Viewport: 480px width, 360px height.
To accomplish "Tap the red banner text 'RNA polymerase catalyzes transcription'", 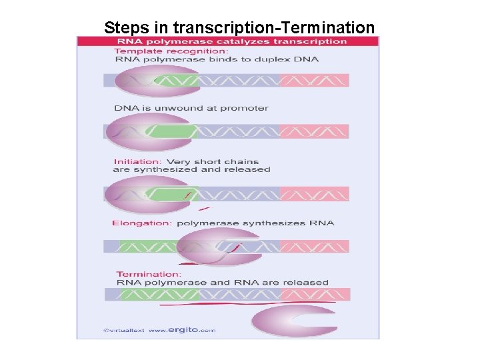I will click(x=231, y=41).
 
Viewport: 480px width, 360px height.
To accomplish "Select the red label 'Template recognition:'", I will click(x=171, y=51).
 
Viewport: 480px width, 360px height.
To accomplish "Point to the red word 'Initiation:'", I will click(x=137, y=161).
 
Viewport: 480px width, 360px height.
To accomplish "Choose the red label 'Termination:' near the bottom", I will click(x=148, y=274).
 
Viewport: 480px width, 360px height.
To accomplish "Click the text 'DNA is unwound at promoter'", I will click(x=191, y=108).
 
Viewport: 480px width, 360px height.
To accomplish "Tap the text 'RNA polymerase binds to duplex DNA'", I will click(x=217, y=59).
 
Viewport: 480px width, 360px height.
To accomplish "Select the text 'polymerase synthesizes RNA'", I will click(x=255, y=223).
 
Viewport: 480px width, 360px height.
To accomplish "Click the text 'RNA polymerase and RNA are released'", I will click(x=223, y=283).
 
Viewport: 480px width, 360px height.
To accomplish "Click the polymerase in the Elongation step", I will click(x=220, y=247).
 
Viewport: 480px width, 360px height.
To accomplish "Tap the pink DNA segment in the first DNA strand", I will click(x=314, y=81).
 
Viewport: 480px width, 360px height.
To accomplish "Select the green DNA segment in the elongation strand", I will click(x=139, y=246).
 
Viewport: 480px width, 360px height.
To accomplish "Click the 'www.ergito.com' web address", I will click(x=181, y=330).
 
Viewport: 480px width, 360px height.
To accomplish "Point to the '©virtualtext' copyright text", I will click(x=123, y=330).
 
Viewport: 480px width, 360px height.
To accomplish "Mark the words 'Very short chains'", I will click(x=212, y=161).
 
